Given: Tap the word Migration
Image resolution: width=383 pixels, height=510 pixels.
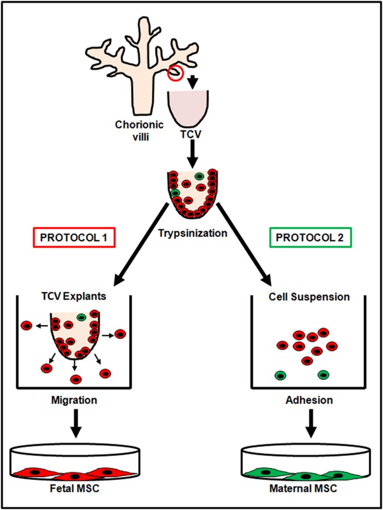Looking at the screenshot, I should pyautogui.click(x=74, y=401).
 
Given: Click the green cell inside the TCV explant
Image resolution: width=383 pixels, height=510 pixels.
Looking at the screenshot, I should pyautogui.click(x=82, y=317).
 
